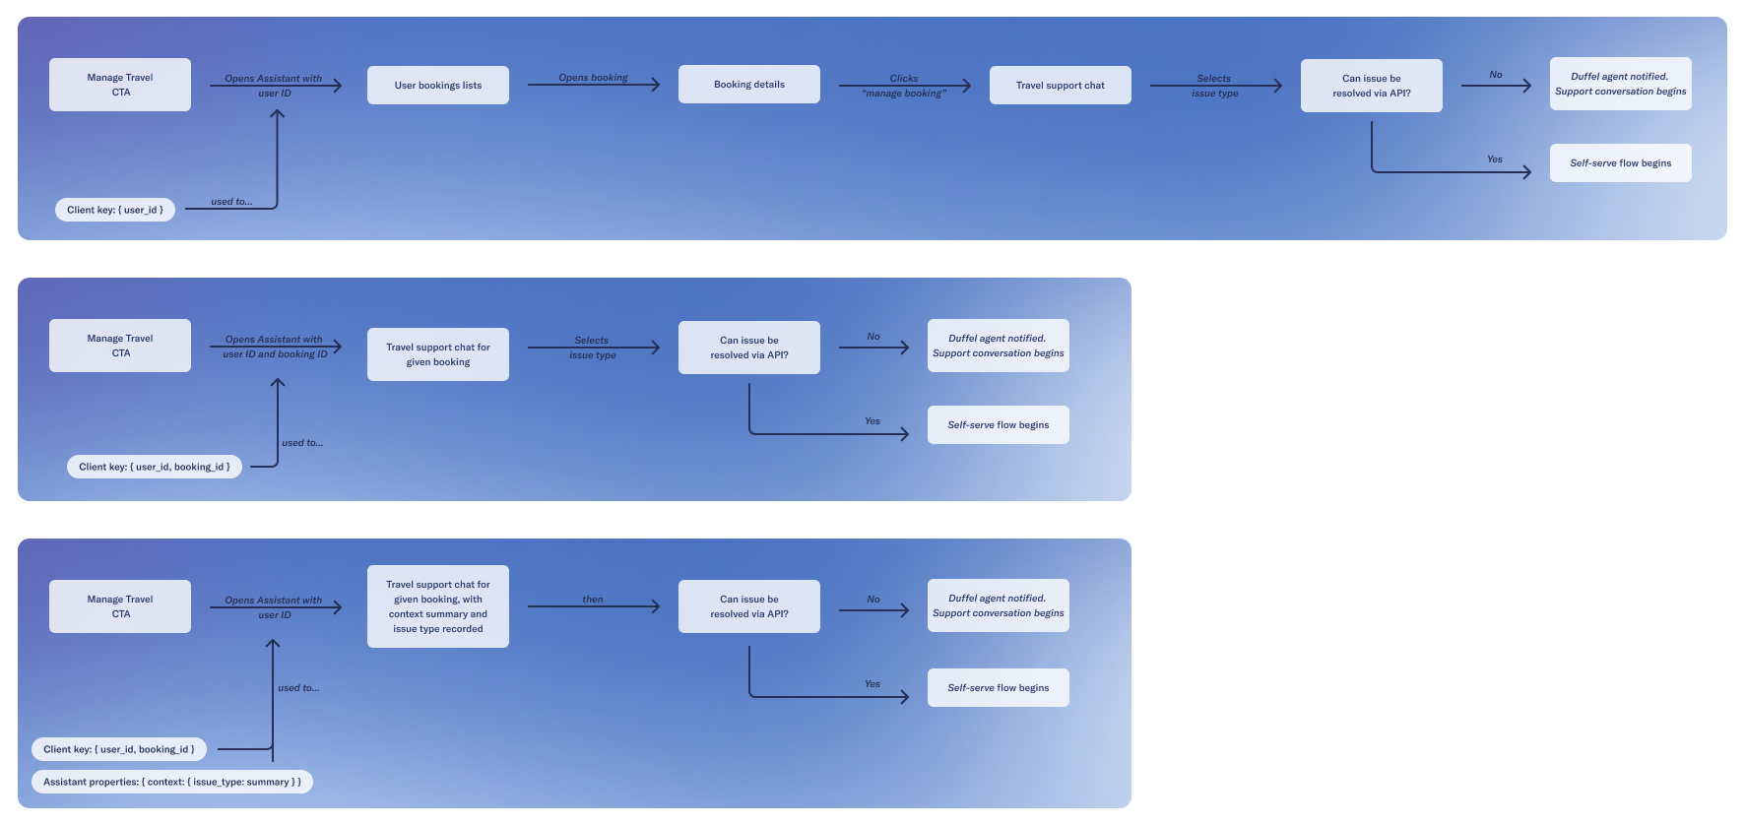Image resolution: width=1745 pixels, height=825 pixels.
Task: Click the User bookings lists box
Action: (x=438, y=85)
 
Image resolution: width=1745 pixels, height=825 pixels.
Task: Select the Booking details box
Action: (x=749, y=85)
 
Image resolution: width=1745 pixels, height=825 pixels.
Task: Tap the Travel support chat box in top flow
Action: (x=1061, y=86)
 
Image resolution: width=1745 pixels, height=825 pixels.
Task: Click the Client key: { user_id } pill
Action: (x=115, y=210)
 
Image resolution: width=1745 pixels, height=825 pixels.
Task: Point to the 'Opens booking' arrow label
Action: (x=593, y=78)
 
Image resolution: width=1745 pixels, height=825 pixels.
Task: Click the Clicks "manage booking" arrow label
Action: (x=904, y=86)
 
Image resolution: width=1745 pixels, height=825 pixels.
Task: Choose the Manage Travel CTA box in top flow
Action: (x=120, y=85)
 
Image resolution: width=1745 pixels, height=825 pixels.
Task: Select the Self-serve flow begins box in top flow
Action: (x=1620, y=163)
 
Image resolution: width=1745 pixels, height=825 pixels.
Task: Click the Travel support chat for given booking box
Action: (x=438, y=354)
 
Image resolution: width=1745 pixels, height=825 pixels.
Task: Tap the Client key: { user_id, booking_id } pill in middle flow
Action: (x=155, y=467)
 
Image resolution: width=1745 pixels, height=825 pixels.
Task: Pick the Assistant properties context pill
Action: (x=172, y=782)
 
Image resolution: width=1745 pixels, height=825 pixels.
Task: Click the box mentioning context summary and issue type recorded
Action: (x=438, y=606)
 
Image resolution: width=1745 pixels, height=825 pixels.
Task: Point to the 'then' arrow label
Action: (x=593, y=599)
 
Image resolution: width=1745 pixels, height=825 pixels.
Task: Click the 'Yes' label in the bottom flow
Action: (x=872, y=683)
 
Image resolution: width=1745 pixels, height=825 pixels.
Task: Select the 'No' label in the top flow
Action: (x=1496, y=75)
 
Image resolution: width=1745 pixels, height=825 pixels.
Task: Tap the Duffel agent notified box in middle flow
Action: (x=999, y=346)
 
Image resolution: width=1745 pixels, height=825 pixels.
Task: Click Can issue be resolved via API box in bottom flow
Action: (x=749, y=606)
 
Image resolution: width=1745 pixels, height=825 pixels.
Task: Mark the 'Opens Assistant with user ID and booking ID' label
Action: (x=275, y=347)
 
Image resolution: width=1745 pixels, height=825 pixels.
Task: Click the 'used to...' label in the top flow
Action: (x=231, y=202)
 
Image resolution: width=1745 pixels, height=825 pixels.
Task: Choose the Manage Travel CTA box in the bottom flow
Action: (x=120, y=606)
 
